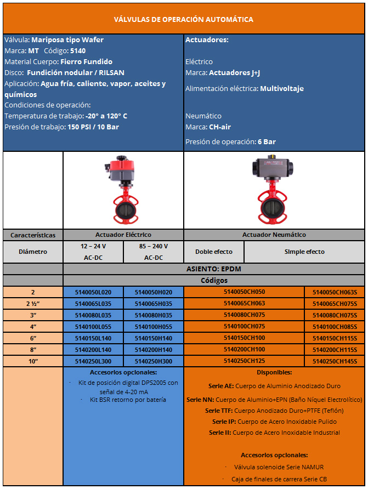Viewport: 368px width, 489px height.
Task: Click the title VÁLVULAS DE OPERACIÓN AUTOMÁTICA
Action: [183, 20]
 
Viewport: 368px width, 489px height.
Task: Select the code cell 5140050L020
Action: [93, 292]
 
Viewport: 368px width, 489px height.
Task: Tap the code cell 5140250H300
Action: [153, 361]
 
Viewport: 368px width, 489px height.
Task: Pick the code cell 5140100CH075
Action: [244, 326]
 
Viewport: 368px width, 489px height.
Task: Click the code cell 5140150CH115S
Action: [335, 338]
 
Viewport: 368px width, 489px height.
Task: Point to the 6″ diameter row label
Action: [33, 338]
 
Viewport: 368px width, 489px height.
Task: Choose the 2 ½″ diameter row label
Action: [33, 304]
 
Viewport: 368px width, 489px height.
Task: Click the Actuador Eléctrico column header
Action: [123, 235]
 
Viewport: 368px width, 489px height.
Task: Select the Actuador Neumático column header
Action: [274, 235]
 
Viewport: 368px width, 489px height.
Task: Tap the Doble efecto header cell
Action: [214, 252]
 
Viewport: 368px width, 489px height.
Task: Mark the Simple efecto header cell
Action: [304, 252]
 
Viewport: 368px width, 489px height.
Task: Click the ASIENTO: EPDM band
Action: [214, 269]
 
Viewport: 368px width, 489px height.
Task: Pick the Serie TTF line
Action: [274, 411]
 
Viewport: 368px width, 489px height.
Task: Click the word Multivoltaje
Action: [282, 88]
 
